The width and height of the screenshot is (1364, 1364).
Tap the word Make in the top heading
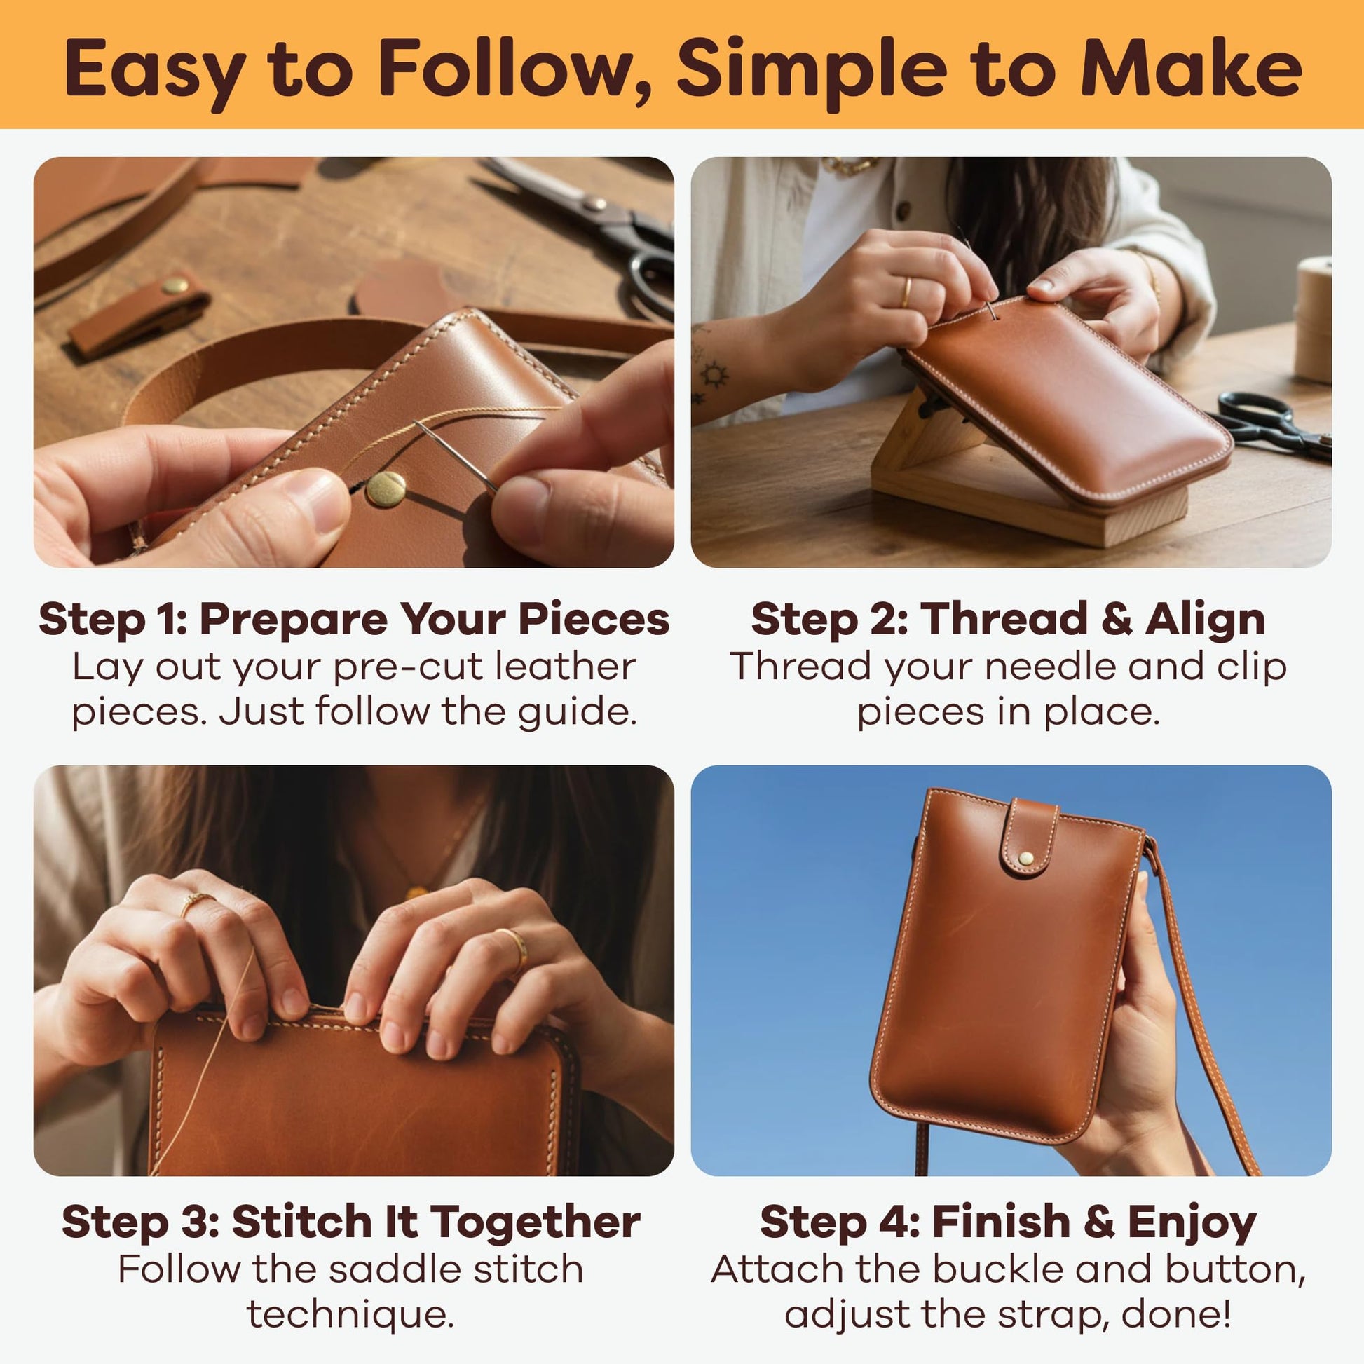1191,69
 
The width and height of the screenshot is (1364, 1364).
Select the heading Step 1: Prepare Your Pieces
354,619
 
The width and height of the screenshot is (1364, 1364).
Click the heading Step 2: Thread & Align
1008,619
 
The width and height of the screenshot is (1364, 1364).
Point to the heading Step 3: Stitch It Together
351,1222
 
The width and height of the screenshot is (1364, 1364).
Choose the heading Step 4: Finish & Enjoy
1008,1222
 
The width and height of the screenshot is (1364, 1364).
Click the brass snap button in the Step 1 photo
386,489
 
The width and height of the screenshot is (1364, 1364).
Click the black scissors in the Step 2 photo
1271,423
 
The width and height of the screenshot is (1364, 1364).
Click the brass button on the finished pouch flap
1026,859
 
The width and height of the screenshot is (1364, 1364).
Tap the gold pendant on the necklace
416,892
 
